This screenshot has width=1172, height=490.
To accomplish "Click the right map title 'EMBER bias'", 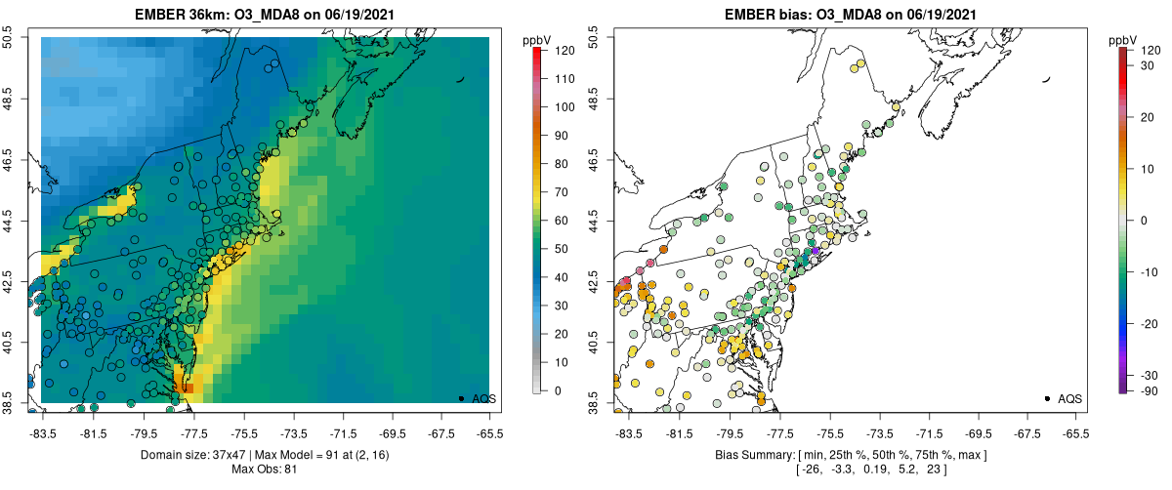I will (782, 13).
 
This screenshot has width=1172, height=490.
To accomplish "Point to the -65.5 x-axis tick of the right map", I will (1074, 431).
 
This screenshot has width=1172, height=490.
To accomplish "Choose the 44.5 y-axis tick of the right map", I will (599, 220).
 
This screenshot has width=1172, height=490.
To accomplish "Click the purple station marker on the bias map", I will (816, 252).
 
